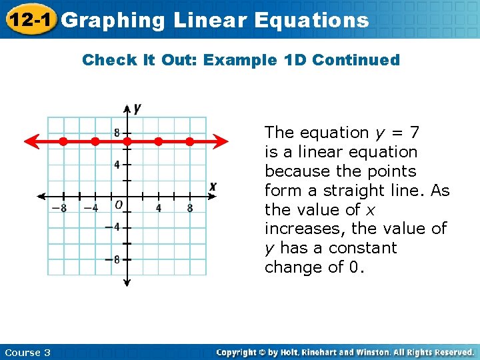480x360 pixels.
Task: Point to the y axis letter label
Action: [x=137, y=107]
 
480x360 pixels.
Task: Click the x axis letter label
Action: [x=212, y=186]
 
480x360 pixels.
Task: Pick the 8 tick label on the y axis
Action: [x=117, y=133]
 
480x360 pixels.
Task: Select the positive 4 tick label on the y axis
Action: [x=117, y=165]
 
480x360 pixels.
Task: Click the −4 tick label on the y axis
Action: [x=113, y=227]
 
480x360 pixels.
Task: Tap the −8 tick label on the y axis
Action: [x=113, y=259]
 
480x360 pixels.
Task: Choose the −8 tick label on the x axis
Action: [x=60, y=208]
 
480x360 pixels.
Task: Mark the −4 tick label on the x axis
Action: [x=91, y=208]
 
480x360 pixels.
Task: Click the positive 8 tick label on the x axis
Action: [x=190, y=208]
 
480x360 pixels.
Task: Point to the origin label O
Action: [x=118, y=205]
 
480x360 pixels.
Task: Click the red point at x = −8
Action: [x=63, y=141]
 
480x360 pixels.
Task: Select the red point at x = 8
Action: [x=189, y=141]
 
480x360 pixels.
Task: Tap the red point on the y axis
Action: [x=127, y=141]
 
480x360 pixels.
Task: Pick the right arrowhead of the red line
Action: [x=223, y=141]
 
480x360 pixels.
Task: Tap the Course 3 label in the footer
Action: [x=27, y=352]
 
